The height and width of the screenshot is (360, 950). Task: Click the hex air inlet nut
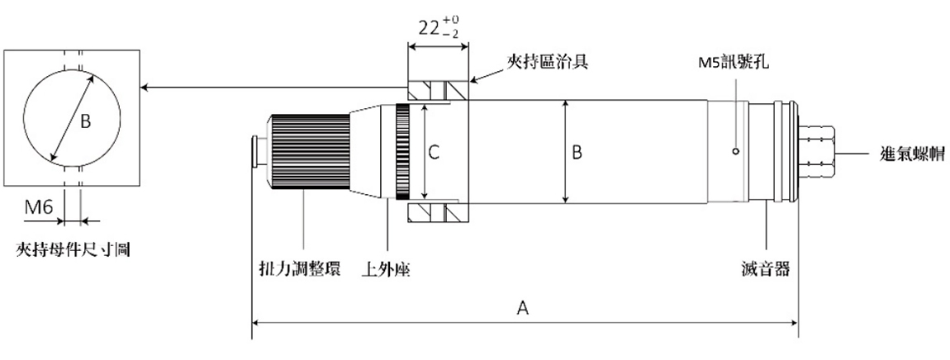click(818, 151)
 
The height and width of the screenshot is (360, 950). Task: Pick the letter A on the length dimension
click(522, 308)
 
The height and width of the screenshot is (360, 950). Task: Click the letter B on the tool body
click(577, 152)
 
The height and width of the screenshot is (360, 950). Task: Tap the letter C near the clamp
click(434, 152)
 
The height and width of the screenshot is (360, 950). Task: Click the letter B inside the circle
click(85, 121)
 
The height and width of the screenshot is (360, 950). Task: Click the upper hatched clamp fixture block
click(437, 89)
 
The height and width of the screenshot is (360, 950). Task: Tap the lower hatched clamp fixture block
click(437, 212)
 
